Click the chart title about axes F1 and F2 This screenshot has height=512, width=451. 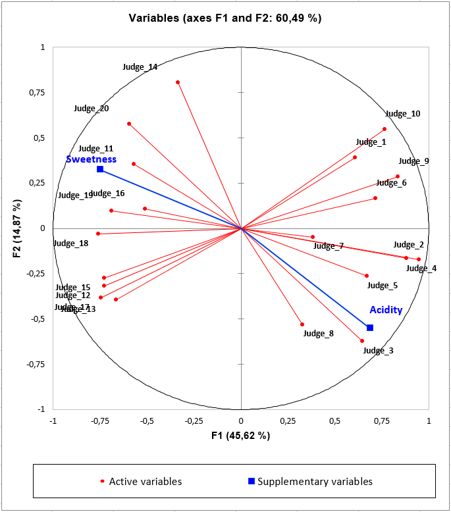pos(225,18)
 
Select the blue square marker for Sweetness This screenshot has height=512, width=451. pos(100,169)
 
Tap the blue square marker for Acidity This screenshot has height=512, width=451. pos(370,328)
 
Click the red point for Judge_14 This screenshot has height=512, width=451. pos(178,82)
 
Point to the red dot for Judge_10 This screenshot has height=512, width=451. pos(385,129)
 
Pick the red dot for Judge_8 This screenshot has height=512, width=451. pos(302,324)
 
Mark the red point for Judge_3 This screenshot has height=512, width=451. pos(362,341)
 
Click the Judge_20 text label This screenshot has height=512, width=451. pos(92,109)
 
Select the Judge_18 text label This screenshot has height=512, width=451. pos(70,243)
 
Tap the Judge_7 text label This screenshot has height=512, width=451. pos(329,246)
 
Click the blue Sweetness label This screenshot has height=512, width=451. pos(91,159)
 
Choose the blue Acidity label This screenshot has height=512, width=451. pos(386,310)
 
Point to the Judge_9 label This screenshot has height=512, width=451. pos(413,161)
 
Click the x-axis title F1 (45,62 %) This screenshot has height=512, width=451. pos(241,436)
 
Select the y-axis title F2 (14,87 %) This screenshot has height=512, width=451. pos(18,228)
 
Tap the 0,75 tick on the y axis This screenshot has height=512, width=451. pos(34,92)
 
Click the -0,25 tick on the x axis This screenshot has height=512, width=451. pos(194,421)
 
